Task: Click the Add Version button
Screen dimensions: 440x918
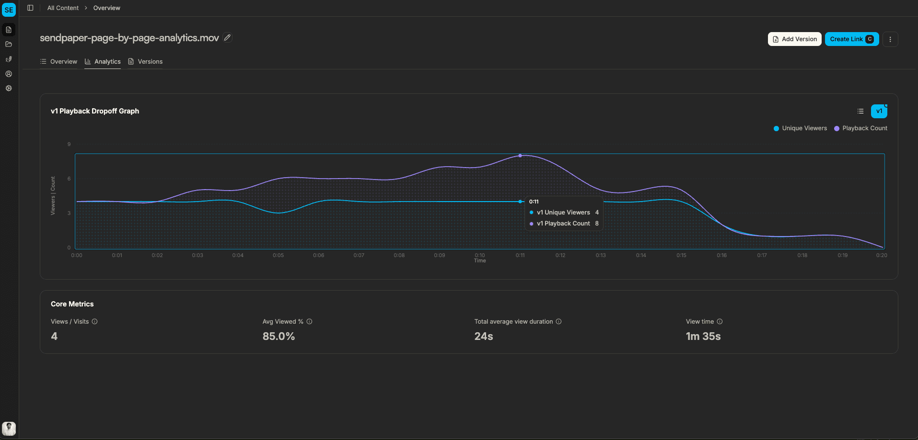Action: click(794, 39)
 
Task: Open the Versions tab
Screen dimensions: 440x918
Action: click(145, 62)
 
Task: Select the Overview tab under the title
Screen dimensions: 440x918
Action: click(58, 62)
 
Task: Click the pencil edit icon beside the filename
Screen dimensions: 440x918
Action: click(228, 37)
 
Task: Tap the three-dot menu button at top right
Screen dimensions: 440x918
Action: click(890, 39)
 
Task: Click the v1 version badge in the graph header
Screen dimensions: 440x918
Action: click(879, 111)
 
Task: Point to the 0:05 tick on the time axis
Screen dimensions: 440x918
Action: click(278, 255)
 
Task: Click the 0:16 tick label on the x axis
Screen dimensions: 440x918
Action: click(721, 255)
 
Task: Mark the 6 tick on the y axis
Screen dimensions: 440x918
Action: click(69, 179)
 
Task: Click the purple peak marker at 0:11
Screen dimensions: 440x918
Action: click(520, 156)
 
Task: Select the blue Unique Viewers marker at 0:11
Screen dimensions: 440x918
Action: click(520, 202)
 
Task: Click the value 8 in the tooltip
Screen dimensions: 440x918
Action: click(597, 224)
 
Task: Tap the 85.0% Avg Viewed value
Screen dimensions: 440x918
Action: click(279, 336)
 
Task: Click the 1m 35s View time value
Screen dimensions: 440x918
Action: click(703, 336)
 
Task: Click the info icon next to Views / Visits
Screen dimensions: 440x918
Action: click(94, 322)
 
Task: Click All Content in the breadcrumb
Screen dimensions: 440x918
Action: click(63, 8)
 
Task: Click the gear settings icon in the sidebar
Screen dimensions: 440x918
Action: click(9, 89)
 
